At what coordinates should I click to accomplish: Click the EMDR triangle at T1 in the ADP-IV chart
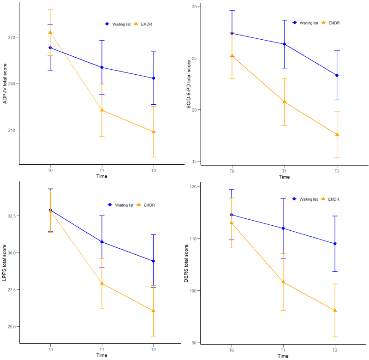pos(102,110)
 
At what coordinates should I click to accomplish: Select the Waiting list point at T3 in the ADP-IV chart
pos(154,78)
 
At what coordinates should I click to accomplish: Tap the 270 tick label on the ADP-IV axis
pos(12,37)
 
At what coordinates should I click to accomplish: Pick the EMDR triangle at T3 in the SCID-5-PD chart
pos(337,134)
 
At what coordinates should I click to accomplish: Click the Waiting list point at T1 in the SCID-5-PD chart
pos(285,44)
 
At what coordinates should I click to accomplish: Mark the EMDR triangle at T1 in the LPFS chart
pos(102,283)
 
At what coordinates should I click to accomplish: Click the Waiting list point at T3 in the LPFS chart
pos(154,261)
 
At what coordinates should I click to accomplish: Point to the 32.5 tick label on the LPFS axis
pos(11,216)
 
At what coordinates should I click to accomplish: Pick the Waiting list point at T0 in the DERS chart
pos(232,215)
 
